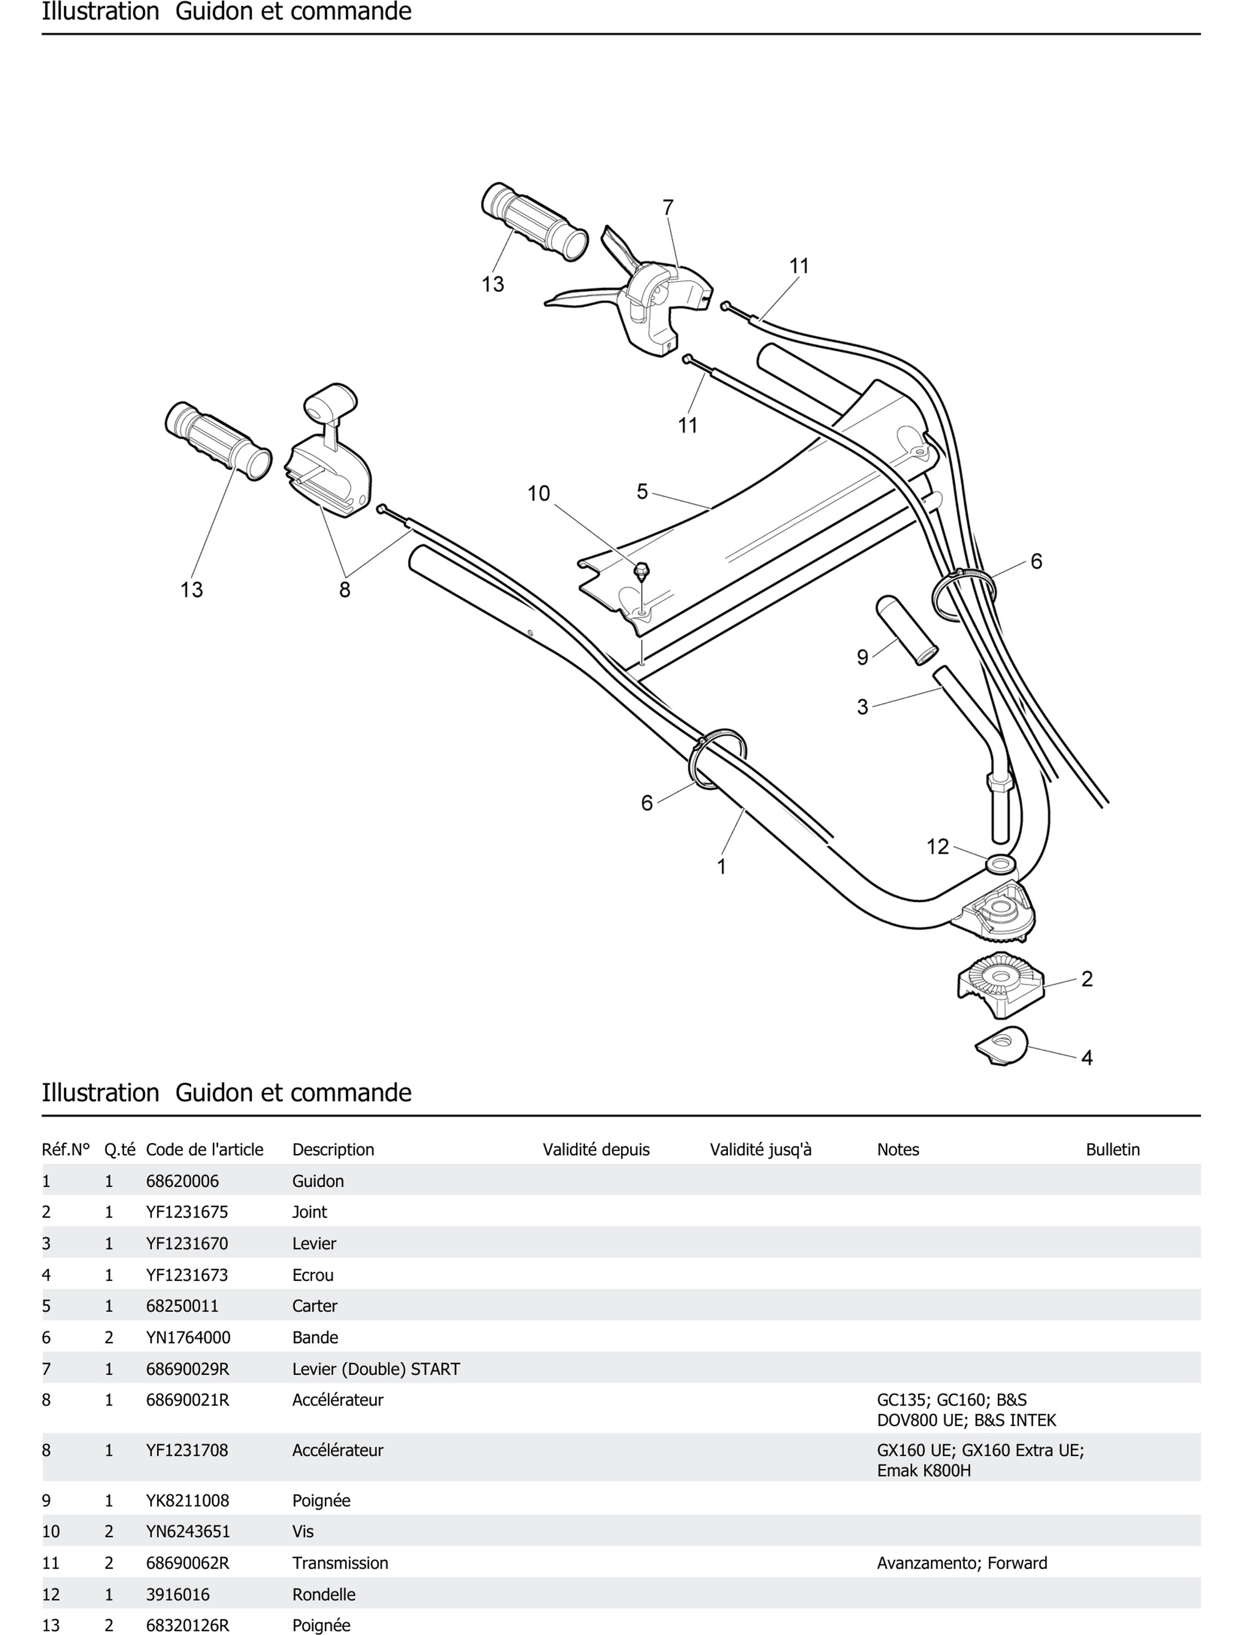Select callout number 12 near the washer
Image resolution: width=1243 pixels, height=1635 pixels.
click(937, 847)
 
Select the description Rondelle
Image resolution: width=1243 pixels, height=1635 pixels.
click(323, 1594)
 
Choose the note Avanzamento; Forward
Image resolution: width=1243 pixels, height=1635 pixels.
click(962, 1563)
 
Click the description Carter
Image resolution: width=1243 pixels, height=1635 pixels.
click(314, 1306)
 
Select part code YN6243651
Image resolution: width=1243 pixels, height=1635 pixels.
click(188, 1532)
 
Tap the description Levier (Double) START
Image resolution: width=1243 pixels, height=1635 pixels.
click(376, 1369)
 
